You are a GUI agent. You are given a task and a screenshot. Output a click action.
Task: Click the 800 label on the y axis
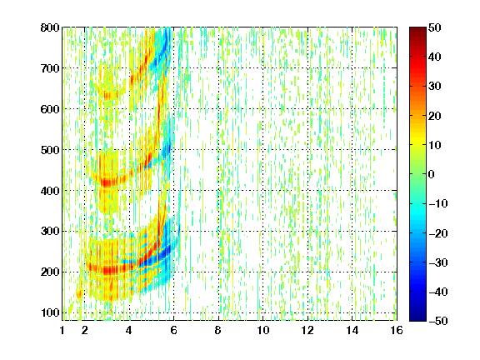[x=50, y=27]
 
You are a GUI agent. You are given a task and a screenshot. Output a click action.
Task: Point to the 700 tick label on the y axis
[x=50, y=68]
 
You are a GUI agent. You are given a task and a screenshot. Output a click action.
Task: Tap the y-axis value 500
[x=50, y=150]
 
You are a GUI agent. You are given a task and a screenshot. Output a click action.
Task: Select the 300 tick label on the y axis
[x=50, y=232]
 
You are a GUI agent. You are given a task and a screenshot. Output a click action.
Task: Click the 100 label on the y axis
[x=50, y=312]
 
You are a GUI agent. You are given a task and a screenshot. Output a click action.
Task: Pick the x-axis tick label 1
[x=62, y=330]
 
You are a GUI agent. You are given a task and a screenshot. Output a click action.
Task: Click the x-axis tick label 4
[x=129, y=330]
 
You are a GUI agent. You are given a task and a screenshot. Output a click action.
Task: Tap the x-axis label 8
[x=218, y=330]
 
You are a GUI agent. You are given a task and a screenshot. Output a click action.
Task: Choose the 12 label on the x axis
[x=307, y=330]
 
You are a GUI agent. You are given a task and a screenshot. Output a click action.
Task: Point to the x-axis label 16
[x=397, y=330]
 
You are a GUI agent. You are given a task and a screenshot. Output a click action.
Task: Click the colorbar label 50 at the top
[x=435, y=27]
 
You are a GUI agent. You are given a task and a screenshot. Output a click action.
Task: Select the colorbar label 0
[x=432, y=174]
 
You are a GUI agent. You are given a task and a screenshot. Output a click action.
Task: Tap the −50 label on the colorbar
[x=438, y=321]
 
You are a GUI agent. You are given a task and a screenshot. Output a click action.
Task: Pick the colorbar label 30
[x=435, y=87]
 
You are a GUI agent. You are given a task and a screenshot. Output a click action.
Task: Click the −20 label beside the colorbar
[x=438, y=233]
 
